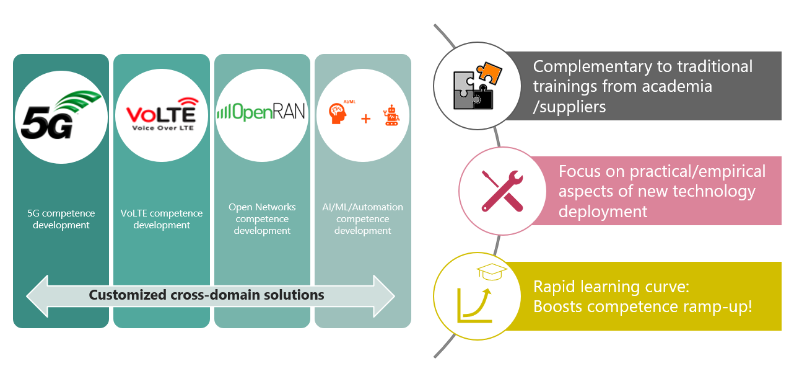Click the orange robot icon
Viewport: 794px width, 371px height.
(x=391, y=115)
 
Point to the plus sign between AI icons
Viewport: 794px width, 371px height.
(x=365, y=118)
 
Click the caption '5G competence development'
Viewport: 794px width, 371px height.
(x=61, y=219)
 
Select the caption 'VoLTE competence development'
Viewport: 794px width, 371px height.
(x=161, y=219)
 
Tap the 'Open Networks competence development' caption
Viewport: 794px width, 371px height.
(x=262, y=218)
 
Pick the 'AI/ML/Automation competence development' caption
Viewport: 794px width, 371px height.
(x=362, y=218)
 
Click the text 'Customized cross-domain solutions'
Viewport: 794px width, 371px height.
(x=206, y=295)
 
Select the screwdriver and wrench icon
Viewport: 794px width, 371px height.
(x=502, y=190)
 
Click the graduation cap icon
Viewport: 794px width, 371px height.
(x=492, y=272)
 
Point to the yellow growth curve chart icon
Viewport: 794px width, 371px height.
(x=474, y=305)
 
